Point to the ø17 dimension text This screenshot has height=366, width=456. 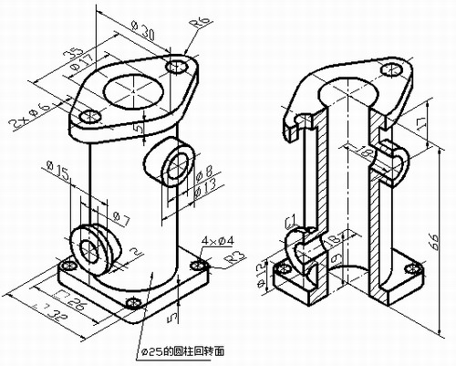(88, 67)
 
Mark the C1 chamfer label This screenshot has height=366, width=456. (289, 223)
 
